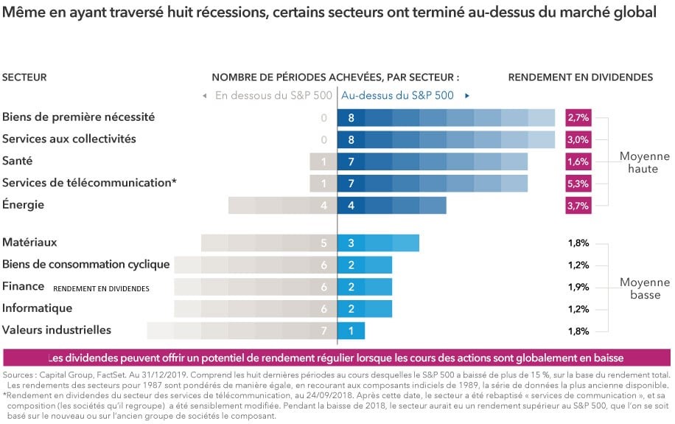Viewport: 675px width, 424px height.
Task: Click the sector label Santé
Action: (18, 161)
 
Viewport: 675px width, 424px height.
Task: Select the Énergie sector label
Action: (24, 205)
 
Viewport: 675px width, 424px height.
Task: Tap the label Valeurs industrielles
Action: (57, 330)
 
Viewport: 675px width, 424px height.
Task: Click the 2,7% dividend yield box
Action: (578, 117)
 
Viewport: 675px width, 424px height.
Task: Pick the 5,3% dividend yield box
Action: (578, 184)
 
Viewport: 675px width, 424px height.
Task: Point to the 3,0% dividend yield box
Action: (578, 139)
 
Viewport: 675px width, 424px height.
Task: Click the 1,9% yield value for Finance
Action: (578, 287)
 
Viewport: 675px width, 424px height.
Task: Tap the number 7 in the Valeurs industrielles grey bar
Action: (323, 331)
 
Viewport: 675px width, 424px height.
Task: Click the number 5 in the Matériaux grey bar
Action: (323, 243)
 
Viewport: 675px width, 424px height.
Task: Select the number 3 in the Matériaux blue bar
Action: (351, 243)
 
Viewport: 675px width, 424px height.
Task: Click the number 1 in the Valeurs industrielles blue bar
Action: (351, 331)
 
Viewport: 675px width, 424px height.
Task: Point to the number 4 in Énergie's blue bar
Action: (351, 206)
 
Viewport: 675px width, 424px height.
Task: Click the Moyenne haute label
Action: (644, 162)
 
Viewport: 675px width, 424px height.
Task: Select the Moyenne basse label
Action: (644, 288)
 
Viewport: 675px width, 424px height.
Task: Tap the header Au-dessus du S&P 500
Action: (397, 95)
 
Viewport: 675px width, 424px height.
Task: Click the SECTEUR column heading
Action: (24, 77)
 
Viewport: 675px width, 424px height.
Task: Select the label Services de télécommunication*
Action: (89, 183)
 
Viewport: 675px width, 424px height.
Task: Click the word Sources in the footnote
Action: (20, 375)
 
